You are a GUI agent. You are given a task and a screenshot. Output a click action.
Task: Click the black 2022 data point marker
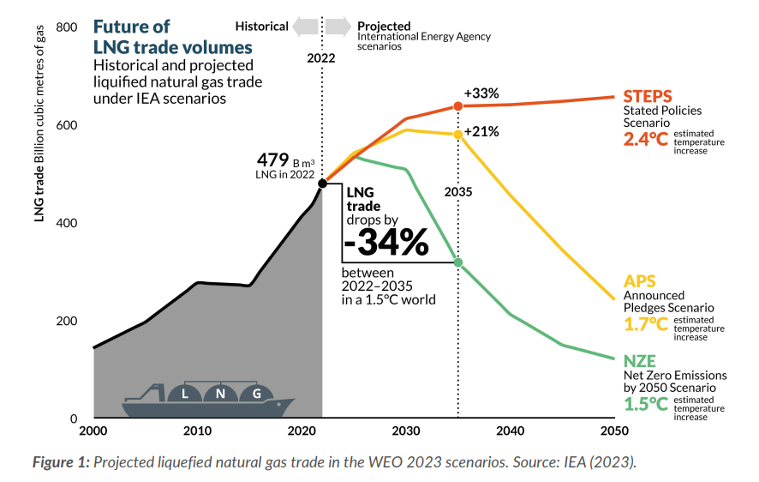[322, 184]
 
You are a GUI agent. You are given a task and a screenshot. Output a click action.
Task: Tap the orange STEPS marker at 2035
[457, 105]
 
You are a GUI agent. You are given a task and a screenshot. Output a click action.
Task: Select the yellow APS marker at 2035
[457, 135]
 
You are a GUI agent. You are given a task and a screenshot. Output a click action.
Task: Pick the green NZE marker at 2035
[457, 262]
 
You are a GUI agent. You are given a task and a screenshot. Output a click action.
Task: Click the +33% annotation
[481, 93]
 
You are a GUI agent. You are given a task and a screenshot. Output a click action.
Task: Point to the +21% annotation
[481, 131]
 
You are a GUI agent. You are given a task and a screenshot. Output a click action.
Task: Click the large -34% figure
[386, 244]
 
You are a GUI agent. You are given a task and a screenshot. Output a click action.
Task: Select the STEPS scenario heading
[648, 96]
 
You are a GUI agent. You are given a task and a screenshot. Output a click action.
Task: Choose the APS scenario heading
[639, 280]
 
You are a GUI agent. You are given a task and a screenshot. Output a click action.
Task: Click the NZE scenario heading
[640, 360]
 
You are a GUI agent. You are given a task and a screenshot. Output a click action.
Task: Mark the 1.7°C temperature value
[646, 323]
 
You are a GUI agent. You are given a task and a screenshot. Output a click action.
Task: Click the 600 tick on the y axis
[67, 125]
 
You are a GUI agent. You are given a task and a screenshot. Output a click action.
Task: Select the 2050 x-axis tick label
[613, 431]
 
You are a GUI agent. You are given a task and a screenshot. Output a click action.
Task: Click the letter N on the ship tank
[220, 395]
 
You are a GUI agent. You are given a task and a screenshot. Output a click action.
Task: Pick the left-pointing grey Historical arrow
[303, 27]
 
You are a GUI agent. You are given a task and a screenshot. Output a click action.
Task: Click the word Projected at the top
[384, 26]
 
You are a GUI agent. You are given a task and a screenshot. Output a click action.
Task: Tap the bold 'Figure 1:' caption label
[61, 462]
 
